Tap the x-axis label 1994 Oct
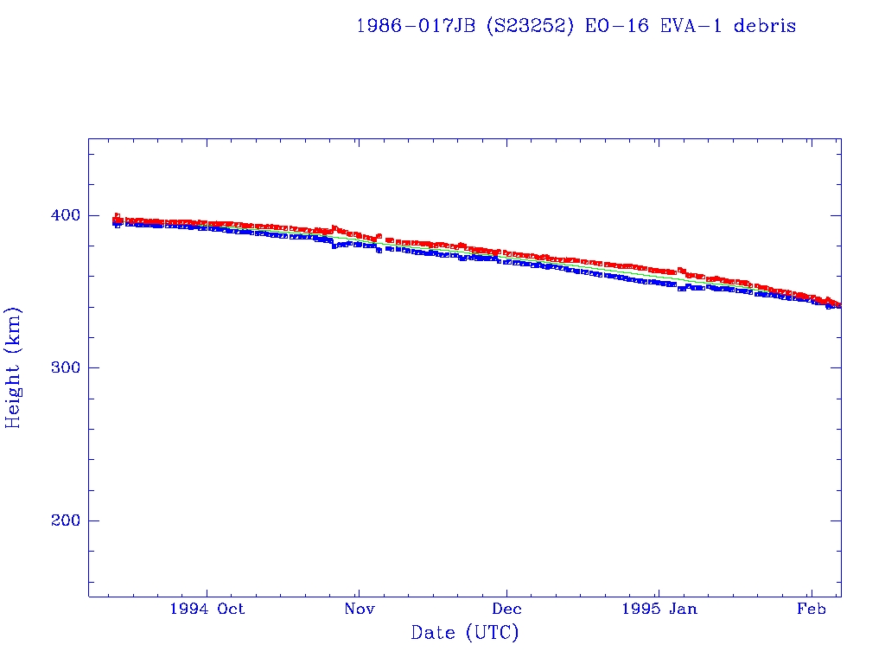pos(207,609)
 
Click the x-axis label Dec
pos(507,609)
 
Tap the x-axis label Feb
pos(810,609)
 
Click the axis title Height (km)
pos(13,367)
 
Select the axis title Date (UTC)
pos(465,634)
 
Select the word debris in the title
pos(766,26)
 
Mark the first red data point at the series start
pos(117,215)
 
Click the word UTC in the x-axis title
pos(491,634)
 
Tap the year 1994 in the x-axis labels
pos(189,609)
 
